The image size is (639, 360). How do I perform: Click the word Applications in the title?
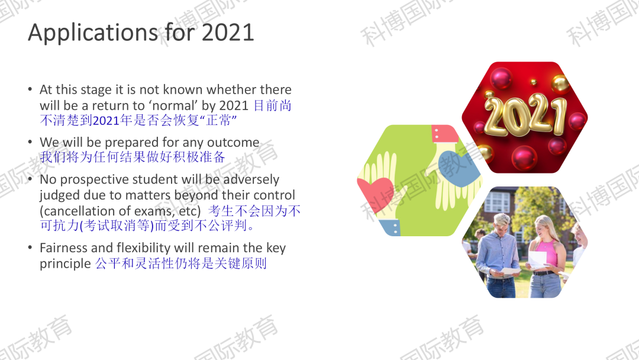pos(92,33)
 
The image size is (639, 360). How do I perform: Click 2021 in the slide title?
pos(228,32)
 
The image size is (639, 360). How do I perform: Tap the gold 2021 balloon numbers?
pos(525,114)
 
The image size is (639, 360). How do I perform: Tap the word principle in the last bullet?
pos(65,263)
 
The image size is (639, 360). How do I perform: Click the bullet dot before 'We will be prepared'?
pos(30,142)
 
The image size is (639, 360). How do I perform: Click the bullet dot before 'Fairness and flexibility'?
pos(30,247)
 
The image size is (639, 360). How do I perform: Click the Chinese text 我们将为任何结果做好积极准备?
pos(133,157)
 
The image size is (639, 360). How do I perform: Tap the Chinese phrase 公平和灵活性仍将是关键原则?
pos(181,263)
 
